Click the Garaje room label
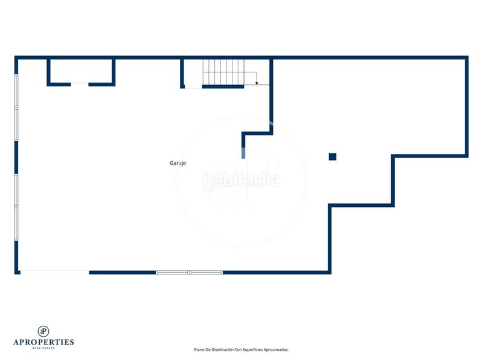(178, 163)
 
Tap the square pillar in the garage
(333, 157)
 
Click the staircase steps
(223, 72)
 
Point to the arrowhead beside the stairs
(257, 83)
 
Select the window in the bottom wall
(189, 273)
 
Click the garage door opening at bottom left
(55, 273)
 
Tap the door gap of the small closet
(80, 84)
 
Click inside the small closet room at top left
(81, 71)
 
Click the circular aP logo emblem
(43, 331)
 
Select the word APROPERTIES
(43, 342)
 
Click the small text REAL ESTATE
(43, 348)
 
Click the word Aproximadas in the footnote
(276, 350)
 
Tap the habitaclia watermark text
(241, 180)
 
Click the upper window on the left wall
(16, 108)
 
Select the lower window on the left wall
(16, 207)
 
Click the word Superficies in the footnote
(252, 350)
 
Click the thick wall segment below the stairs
(223, 87)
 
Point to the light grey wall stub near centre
(243, 153)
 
